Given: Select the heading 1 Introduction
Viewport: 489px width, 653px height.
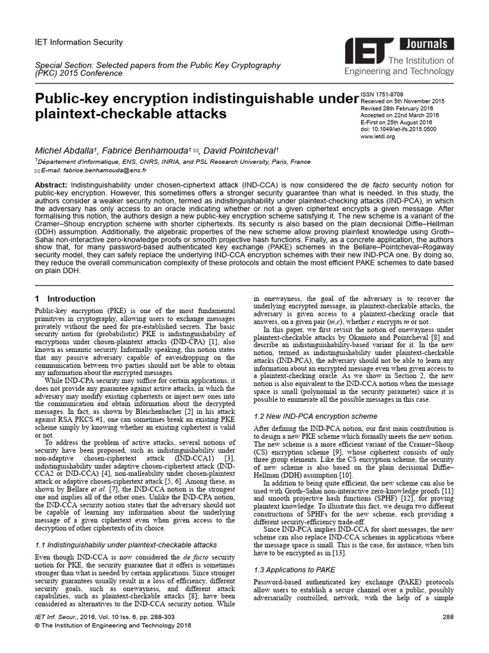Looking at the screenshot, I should click(x=56, y=298).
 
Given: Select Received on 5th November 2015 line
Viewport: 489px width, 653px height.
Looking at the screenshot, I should click(x=402, y=101).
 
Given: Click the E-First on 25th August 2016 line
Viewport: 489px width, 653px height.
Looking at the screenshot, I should click(x=396, y=122).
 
